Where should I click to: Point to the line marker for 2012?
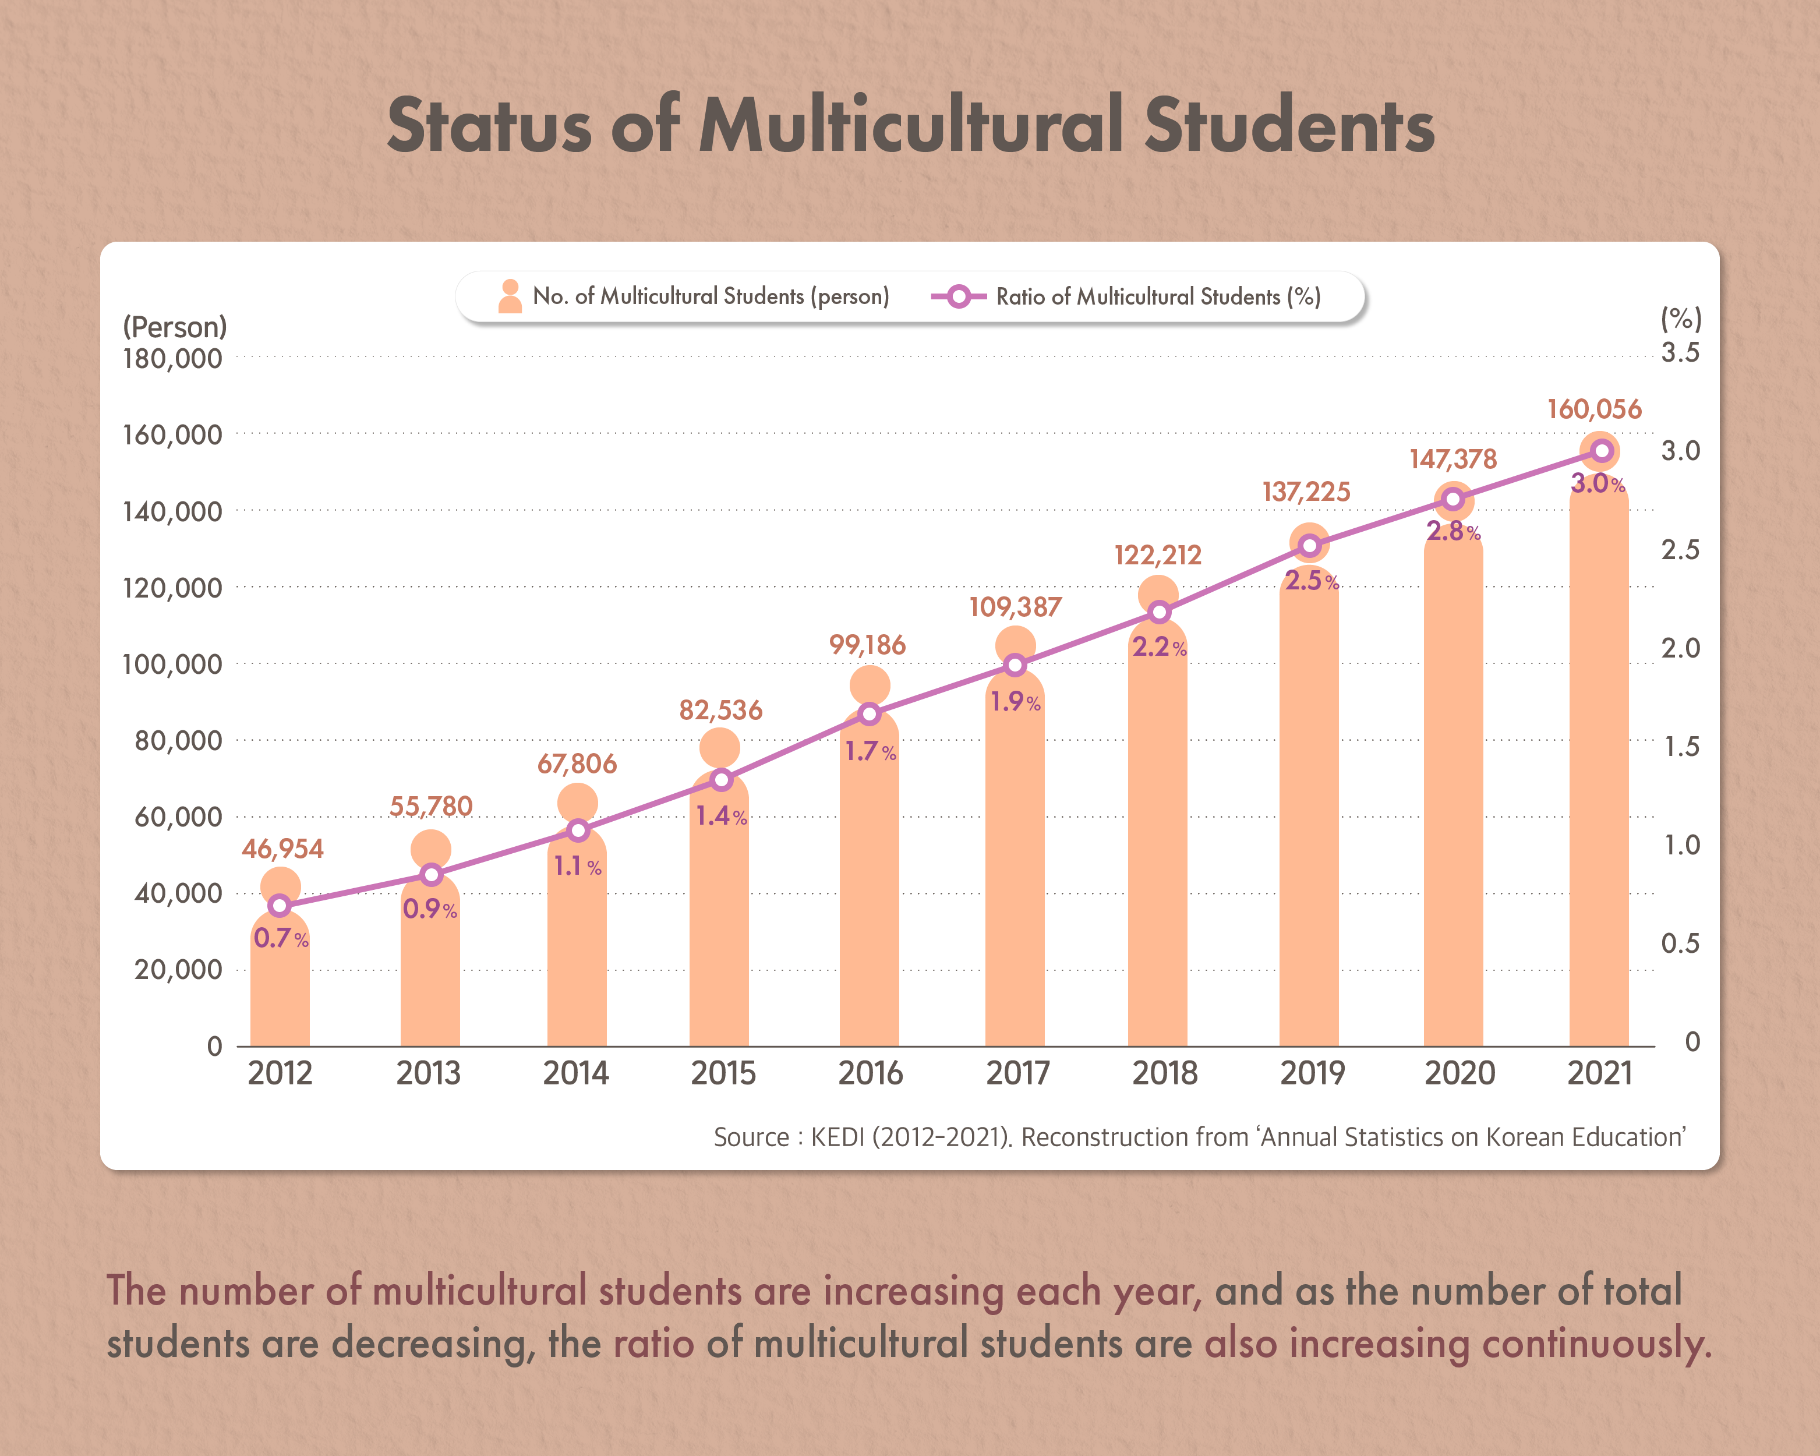coord(280,906)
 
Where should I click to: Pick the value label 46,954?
coord(282,849)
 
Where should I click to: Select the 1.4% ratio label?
coord(721,816)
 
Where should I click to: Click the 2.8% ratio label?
coord(1453,532)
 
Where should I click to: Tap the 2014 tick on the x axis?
coord(576,1073)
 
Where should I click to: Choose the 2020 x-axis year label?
coord(1459,1073)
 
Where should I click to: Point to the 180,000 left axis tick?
coord(172,359)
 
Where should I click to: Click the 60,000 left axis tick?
coord(178,817)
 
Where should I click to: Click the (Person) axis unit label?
coord(175,327)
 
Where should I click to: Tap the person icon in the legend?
coord(510,296)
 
